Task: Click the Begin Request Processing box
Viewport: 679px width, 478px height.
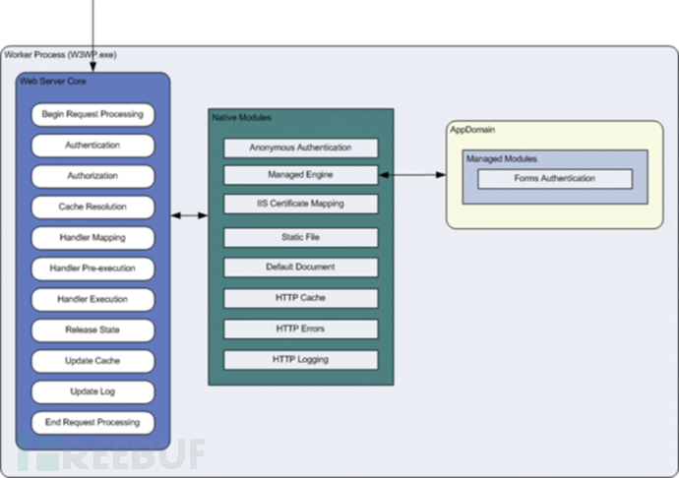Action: (x=93, y=114)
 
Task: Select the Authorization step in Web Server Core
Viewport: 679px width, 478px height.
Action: (x=93, y=176)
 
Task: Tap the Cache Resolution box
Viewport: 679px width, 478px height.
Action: (x=93, y=207)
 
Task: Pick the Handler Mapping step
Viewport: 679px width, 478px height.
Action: (x=93, y=237)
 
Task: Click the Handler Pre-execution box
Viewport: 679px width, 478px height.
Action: (x=93, y=268)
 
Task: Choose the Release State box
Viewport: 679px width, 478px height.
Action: (x=93, y=329)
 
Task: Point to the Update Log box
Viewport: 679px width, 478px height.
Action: (x=93, y=391)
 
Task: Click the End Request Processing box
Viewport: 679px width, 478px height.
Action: (x=93, y=422)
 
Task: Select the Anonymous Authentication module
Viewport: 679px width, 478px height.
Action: (x=300, y=148)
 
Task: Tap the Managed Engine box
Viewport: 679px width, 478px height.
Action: (x=300, y=175)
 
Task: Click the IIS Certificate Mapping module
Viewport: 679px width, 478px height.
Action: (x=300, y=204)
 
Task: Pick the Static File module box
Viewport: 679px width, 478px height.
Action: (x=300, y=237)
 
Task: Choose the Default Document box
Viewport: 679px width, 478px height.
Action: (x=300, y=267)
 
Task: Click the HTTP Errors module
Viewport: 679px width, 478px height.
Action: (x=300, y=329)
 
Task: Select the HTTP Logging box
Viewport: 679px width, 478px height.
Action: (x=300, y=359)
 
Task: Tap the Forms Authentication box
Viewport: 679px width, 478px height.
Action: (x=554, y=179)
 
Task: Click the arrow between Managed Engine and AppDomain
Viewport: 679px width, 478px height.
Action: (x=412, y=175)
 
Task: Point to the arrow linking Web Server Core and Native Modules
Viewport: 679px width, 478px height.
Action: (x=189, y=214)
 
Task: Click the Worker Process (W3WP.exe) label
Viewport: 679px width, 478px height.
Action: (x=60, y=54)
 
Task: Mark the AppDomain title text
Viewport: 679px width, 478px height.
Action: (x=472, y=130)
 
